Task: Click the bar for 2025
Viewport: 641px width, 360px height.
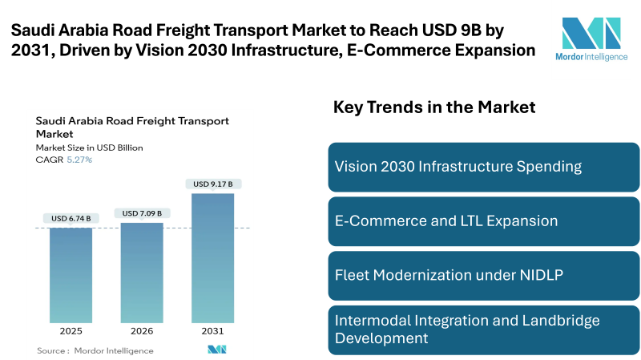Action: click(71, 275)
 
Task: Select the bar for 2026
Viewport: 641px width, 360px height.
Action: click(142, 273)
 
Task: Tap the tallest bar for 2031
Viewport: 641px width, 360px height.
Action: click(212, 257)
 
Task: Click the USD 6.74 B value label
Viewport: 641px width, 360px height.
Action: click(71, 218)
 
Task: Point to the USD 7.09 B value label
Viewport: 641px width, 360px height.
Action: click(142, 213)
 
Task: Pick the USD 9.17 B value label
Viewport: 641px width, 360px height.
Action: click(212, 184)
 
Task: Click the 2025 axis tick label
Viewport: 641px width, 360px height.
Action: click(71, 331)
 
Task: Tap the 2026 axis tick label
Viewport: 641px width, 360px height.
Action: click(142, 331)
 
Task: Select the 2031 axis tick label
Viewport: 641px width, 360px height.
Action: click(212, 331)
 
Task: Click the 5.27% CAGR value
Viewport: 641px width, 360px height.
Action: click(79, 160)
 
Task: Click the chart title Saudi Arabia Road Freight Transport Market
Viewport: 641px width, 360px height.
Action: click(132, 127)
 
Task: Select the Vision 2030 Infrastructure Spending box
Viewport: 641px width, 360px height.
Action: click(484, 167)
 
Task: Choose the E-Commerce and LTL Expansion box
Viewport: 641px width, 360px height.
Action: click(484, 221)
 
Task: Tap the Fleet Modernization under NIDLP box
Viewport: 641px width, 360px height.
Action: click(484, 275)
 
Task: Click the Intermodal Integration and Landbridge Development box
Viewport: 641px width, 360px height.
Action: click(484, 330)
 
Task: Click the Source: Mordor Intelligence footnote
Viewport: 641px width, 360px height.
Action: click(95, 350)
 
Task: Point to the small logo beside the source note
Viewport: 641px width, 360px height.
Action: click(217, 350)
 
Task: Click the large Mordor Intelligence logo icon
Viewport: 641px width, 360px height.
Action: click(591, 33)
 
